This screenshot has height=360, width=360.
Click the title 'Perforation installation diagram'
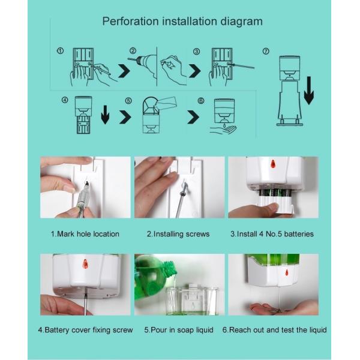click(182, 22)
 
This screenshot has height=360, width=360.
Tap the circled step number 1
click(60, 52)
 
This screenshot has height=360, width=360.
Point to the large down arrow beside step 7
click(308, 90)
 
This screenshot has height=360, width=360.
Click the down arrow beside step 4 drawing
click(105, 114)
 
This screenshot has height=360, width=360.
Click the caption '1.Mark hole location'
click(85, 234)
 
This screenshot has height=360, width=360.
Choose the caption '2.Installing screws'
click(178, 234)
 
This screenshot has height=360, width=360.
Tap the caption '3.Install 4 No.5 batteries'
click(272, 234)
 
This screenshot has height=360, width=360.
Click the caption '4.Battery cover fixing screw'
click(85, 330)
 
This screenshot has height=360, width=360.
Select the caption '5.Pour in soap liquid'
click(178, 330)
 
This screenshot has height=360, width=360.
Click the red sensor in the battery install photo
click(272, 164)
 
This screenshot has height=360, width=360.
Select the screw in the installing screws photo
click(184, 187)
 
